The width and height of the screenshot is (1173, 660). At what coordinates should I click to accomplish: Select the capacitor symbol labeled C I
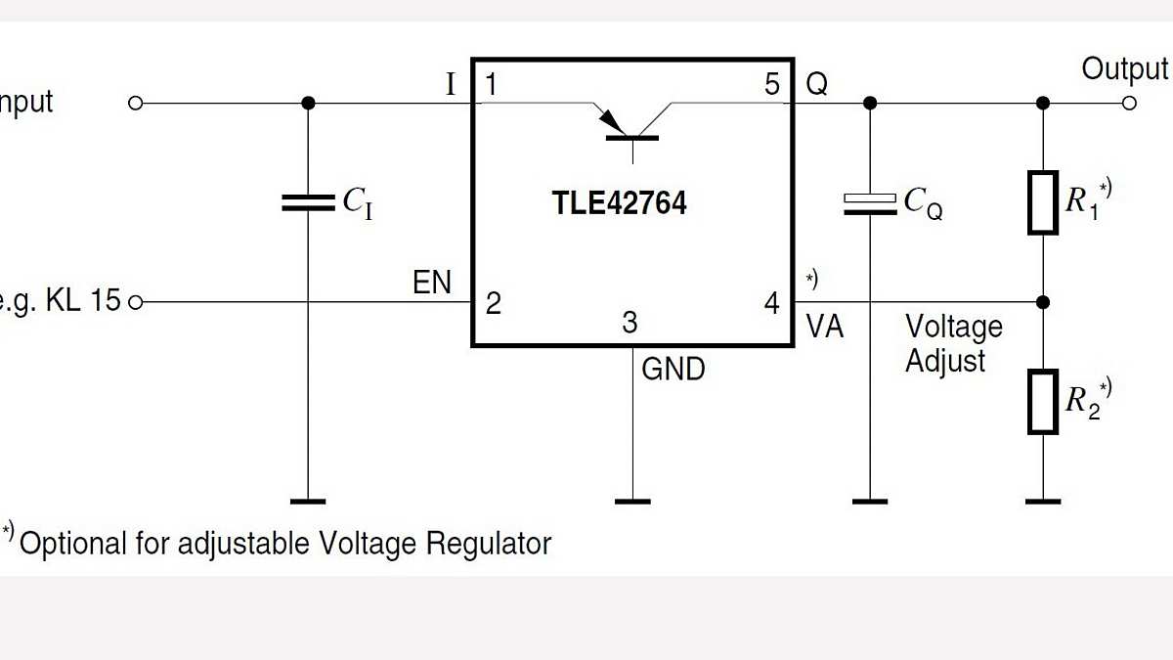tap(308, 202)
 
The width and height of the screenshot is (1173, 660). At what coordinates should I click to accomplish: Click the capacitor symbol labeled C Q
tap(869, 202)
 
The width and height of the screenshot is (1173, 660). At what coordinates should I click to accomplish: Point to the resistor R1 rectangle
tap(1043, 202)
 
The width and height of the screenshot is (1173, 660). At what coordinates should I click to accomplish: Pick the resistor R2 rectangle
tap(1043, 402)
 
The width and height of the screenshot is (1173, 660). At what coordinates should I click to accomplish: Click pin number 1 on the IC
tap(491, 85)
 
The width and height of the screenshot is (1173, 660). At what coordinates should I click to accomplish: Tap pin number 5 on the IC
tap(772, 85)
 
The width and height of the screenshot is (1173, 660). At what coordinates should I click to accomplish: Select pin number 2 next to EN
tap(493, 303)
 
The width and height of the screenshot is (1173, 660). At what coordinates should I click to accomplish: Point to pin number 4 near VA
tap(772, 304)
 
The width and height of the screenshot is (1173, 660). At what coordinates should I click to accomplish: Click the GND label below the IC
tap(673, 370)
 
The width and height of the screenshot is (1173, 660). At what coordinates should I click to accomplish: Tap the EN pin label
tap(432, 284)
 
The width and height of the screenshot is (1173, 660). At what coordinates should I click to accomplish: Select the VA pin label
tap(824, 328)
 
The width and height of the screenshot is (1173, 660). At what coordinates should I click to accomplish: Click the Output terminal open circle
tap(1130, 103)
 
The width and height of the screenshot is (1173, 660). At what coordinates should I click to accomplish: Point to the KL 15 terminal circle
tap(136, 302)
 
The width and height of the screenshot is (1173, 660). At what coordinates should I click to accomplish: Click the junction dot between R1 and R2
tap(1043, 301)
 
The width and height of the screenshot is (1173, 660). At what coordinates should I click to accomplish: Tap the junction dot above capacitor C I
tap(308, 103)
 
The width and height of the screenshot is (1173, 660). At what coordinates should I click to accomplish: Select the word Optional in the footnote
tap(73, 544)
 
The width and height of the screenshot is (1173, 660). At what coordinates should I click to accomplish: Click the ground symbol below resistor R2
tap(1043, 501)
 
